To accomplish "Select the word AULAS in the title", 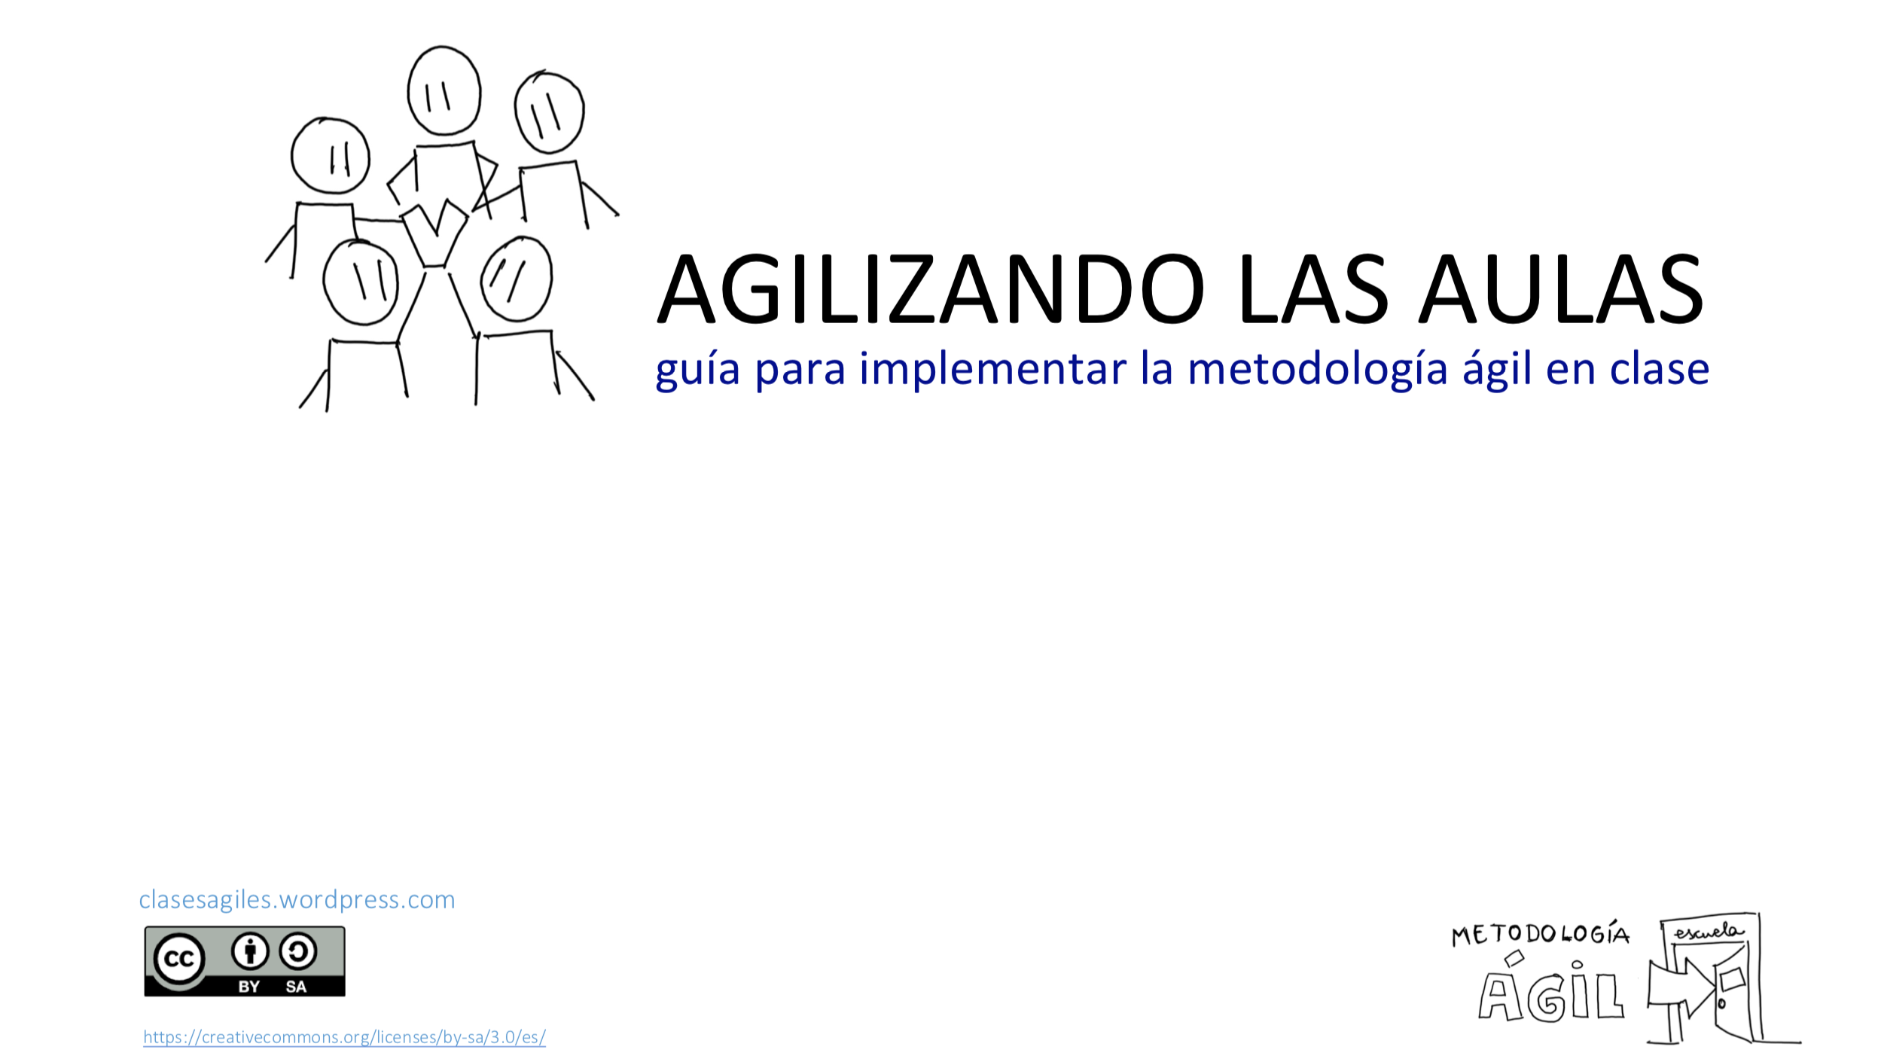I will [x=1561, y=290].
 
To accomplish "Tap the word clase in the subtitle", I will [x=1659, y=369].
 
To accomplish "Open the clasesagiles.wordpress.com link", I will [x=297, y=899].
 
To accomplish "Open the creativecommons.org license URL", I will [x=344, y=1037].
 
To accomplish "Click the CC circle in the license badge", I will [x=179, y=959].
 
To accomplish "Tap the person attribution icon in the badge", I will [x=249, y=951].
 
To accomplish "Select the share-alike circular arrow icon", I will [x=297, y=951].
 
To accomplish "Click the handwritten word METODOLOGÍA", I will [x=1540, y=934].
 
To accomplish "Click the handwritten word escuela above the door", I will [x=1707, y=932].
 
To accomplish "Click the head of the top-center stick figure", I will [x=444, y=90].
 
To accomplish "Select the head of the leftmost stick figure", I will [x=330, y=156].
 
